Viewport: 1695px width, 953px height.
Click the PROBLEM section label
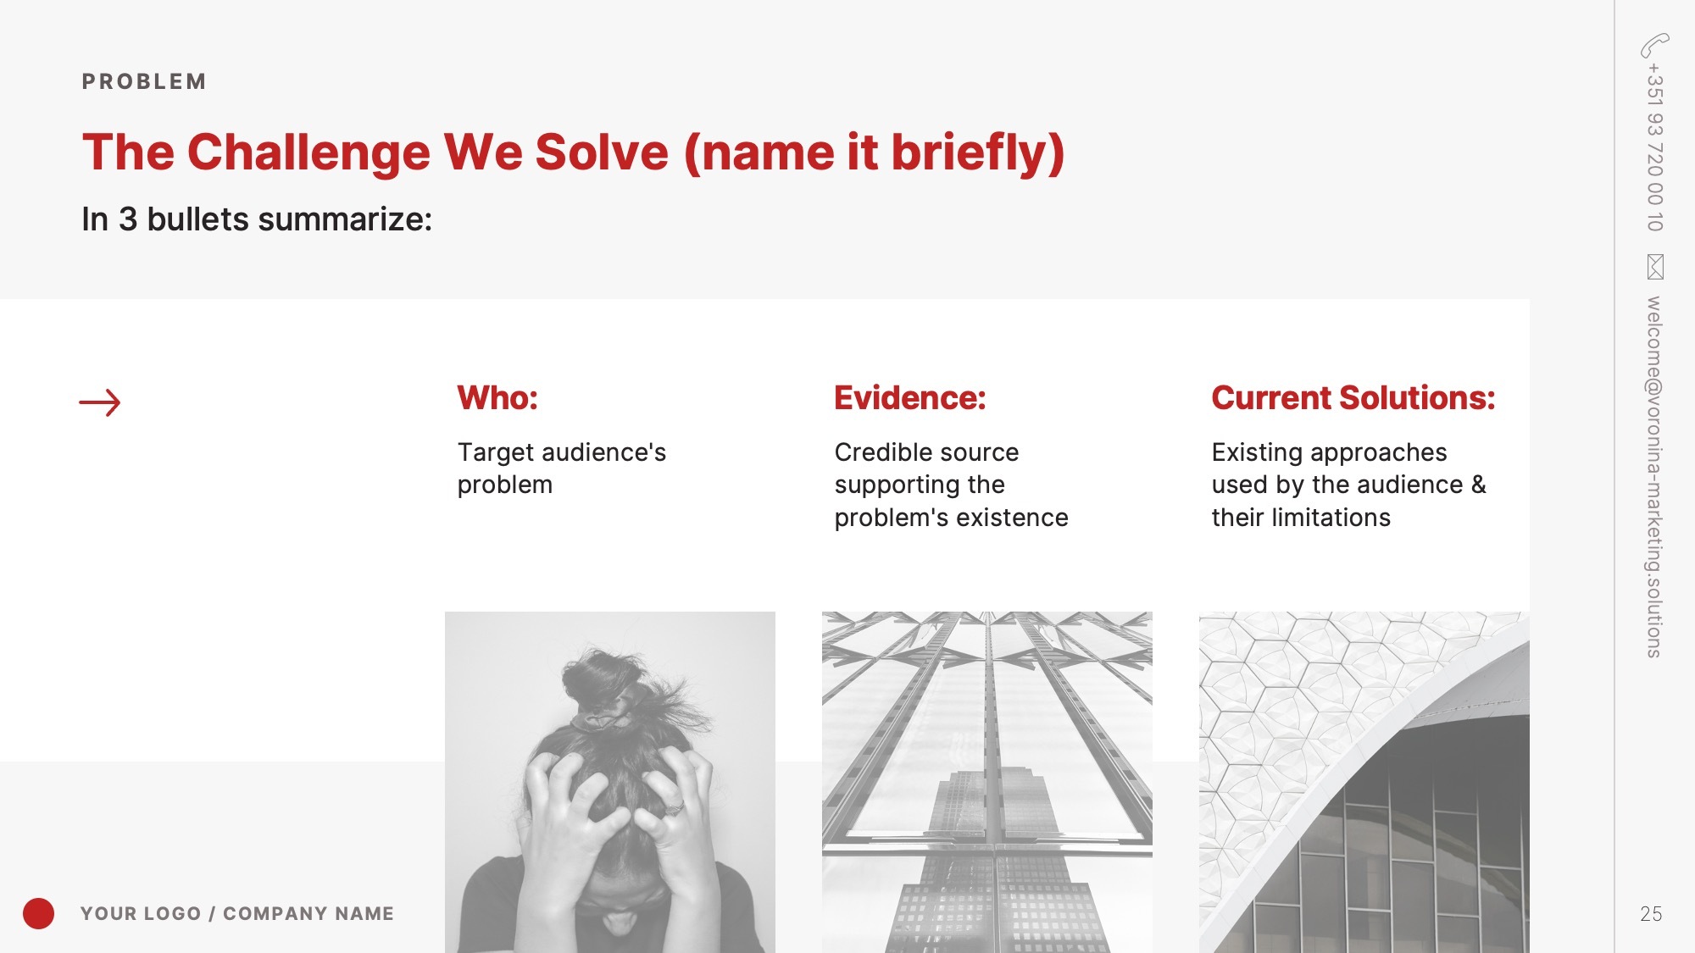(144, 81)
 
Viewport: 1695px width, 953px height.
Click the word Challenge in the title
(308, 152)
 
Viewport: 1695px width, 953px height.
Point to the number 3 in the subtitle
(128, 219)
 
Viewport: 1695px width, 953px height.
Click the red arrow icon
(100, 402)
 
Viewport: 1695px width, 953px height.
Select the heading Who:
(497, 398)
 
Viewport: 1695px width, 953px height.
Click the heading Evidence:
(910, 398)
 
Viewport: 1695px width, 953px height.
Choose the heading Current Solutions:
(1353, 398)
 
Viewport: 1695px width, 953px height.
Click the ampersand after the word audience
(1479, 485)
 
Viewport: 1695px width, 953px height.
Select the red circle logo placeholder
(38, 913)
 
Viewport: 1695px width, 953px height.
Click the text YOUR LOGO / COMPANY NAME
(237, 913)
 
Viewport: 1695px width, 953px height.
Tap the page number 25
(1651, 914)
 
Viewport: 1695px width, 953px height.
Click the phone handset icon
(1654, 45)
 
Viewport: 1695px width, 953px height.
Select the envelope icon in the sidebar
(1655, 267)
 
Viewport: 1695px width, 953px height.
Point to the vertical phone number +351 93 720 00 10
(1655, 147)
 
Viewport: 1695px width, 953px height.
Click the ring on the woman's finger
(674, 808)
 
